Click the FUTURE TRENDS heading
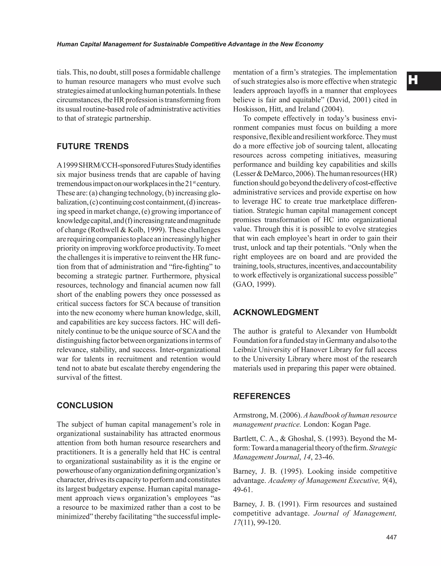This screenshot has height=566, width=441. pos(93,146)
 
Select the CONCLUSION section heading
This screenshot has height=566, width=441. pos(85,405)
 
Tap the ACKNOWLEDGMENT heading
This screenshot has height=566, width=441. pos(276,312)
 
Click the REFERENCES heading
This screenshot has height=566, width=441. pos(262,396)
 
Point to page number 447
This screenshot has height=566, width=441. pos(391,537)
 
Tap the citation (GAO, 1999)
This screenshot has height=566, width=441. pos(254,284)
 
